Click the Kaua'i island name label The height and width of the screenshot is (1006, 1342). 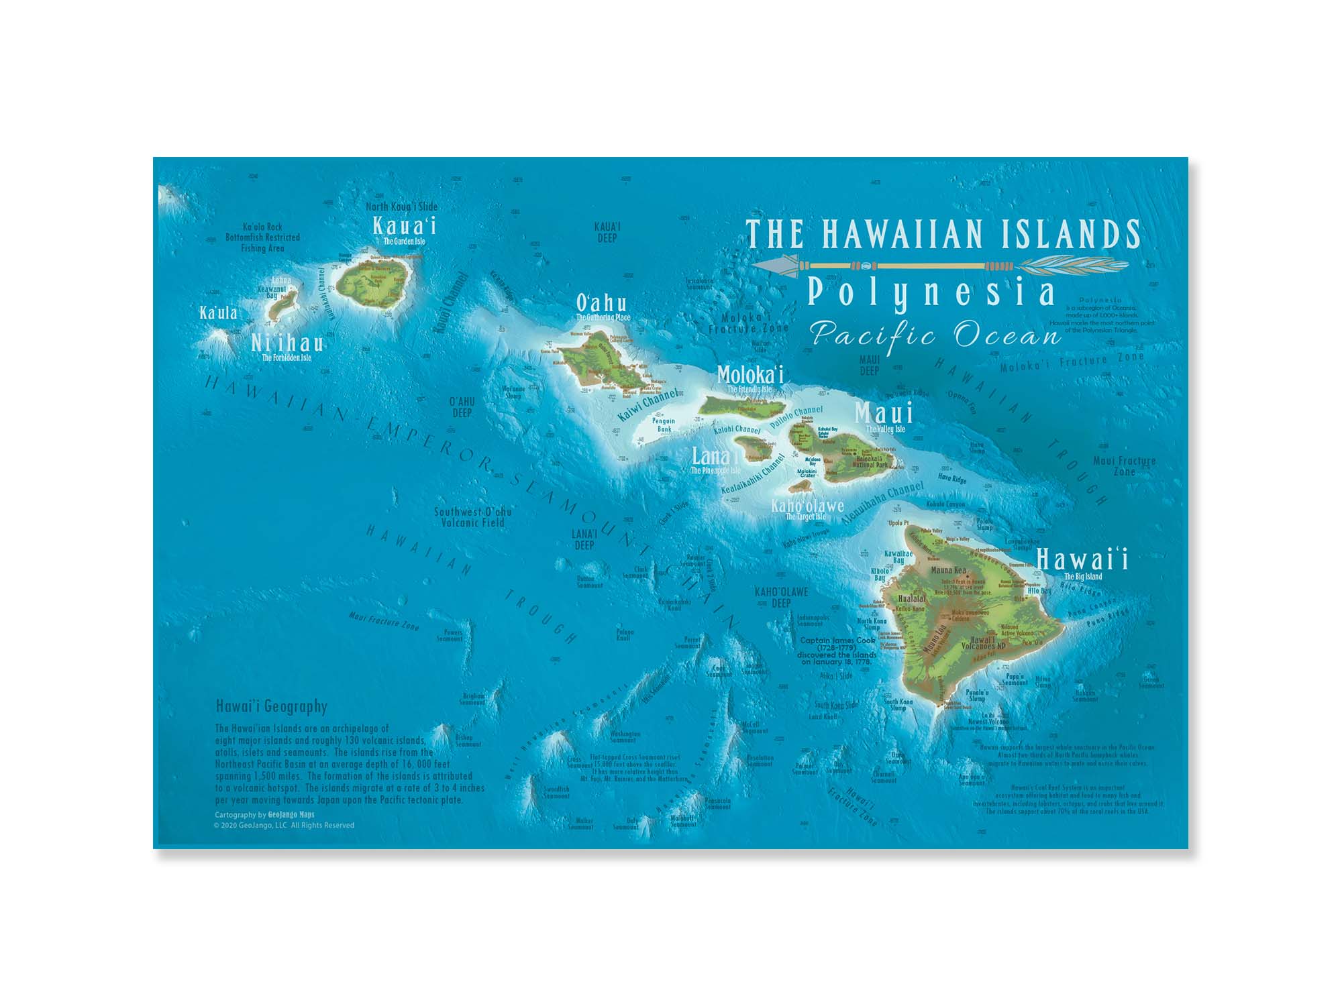(405, 225)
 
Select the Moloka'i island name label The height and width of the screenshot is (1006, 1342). (750, 374)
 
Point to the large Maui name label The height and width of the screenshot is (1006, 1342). (884, 412)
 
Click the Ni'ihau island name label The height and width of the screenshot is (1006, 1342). (287, 343)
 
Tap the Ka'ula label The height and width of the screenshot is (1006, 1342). (218, 313)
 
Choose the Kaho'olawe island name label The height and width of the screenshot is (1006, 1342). (807, 506)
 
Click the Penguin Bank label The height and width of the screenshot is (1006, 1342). (664, 425)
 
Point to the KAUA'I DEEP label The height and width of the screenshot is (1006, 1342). (607, 232)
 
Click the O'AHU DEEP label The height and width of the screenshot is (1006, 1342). (462, 407)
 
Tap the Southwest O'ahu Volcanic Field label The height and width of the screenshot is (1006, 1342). (472, 517)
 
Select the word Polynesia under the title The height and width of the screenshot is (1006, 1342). (931, 293)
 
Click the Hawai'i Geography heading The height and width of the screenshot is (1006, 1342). (272, 706)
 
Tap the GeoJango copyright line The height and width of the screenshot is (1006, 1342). (283, 826)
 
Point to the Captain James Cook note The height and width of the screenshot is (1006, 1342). (837, 651)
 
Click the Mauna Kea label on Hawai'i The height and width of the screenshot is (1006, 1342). (948, 570)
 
